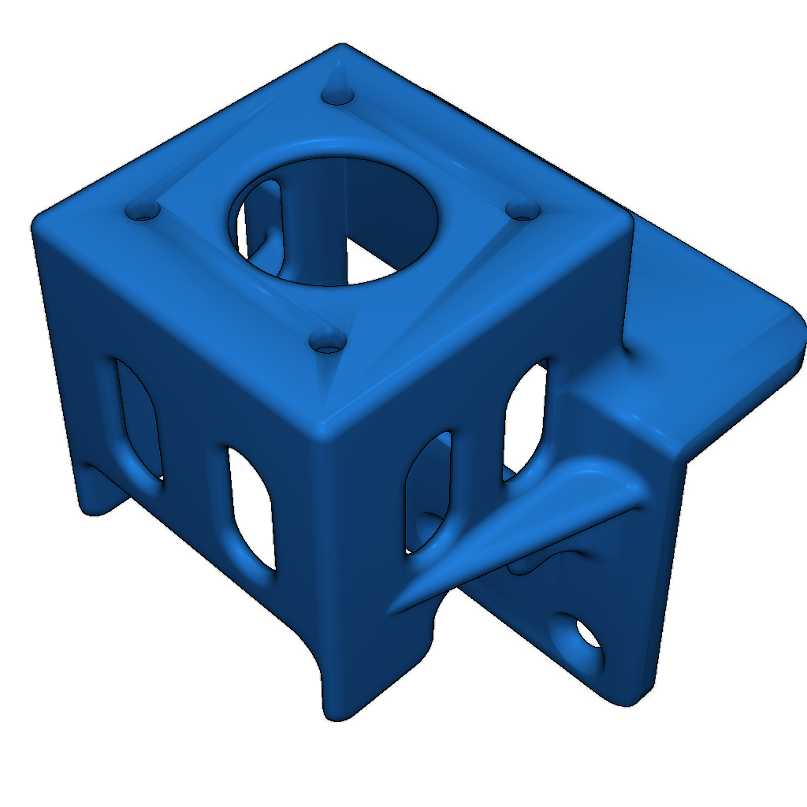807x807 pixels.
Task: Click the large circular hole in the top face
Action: click(x=335, y=221)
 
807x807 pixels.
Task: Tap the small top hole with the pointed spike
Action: click(x=338, y=95)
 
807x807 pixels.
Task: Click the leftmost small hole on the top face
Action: click(x=143, y=210)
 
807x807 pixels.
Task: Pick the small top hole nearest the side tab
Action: click(x=521, y=209)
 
